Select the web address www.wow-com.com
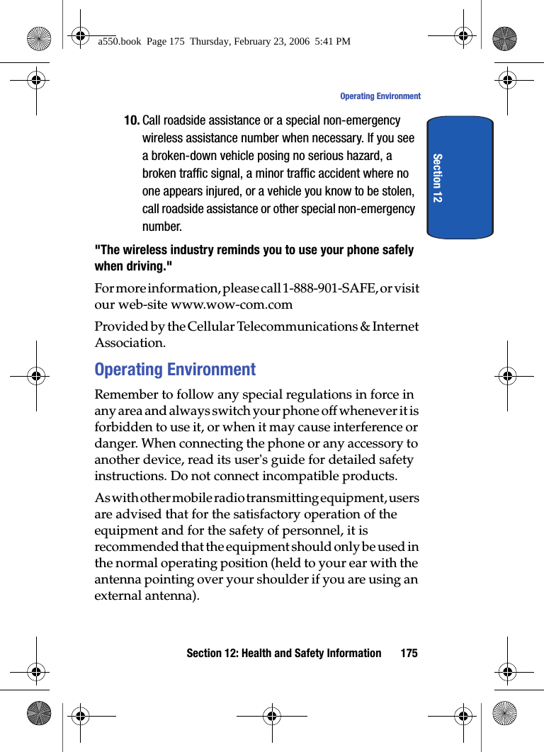(x=232, y=305)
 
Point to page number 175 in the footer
(x=409, y=653)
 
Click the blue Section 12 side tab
(x=460, y=177)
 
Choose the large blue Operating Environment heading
(x=175, y=370)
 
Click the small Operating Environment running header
(x=380, y=96)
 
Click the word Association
(x=130, y=343)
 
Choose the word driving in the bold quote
(x=144, y=267)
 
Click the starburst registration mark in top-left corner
(x=38, y=38)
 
